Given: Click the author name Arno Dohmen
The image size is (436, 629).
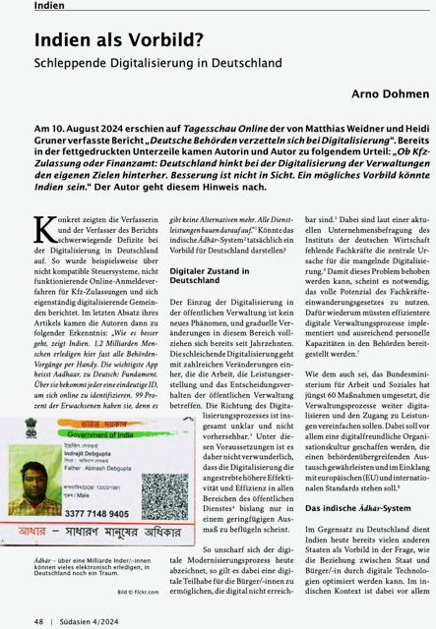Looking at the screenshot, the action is click(391, 94).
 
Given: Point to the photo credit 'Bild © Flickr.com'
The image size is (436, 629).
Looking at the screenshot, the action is click(143, 593).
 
